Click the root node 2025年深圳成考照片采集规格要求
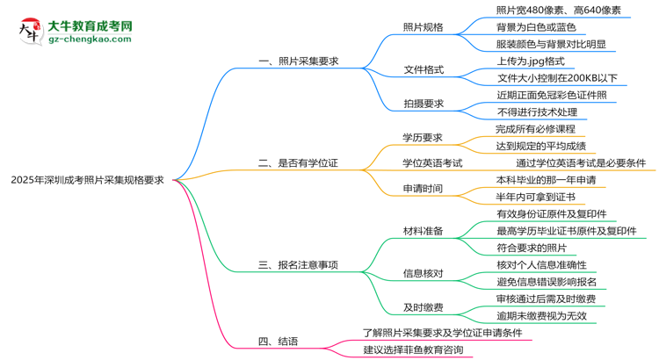87,179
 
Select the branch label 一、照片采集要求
298,61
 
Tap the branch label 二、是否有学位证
298,162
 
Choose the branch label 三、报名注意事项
298,264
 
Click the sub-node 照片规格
423,27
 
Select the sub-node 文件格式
423,69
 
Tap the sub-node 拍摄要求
423,104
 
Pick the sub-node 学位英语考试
432,162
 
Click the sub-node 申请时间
423,188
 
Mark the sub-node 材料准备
423,231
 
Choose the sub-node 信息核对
423,273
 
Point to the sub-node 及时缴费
423,307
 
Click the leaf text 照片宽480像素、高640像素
558,11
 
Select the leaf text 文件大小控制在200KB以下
557,78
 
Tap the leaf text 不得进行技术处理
537,112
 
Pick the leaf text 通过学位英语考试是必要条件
581,162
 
